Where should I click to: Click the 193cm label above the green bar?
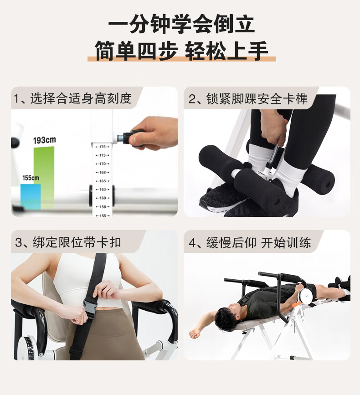[x=45, y=140]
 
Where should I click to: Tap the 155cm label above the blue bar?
[x=31, y=178]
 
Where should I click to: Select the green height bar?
[x=44, y=177]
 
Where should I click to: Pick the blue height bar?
[x=31, y=196]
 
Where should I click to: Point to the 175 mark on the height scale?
[x=102, y=147]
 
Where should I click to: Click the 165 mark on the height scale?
[x=103, y=181]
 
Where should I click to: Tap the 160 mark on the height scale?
[x=103, y=198]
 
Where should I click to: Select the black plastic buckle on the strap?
[x=91, y=305]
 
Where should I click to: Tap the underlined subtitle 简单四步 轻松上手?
[x=181, y=51]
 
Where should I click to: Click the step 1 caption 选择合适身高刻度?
[x=81, y=98]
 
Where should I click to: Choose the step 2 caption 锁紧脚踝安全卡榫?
[x=257, y=98]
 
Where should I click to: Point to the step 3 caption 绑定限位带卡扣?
[x=77, y=242]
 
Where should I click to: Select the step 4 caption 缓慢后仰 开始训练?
[x=259, y=243]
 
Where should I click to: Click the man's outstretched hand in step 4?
[x=194, y=333]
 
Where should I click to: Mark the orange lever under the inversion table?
[x=297, y=304]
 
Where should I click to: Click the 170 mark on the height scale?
[x=103, y=164]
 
